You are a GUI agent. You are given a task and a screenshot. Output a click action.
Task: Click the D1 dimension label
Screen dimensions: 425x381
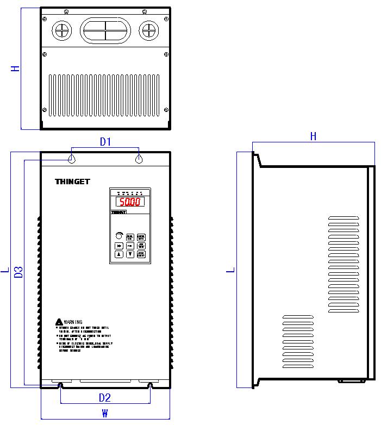105,142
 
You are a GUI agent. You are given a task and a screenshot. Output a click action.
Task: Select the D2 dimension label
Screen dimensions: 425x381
105,398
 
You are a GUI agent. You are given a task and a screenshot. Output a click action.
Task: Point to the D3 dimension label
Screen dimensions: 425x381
18,272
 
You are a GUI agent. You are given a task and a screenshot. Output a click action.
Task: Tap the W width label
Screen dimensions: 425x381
105,414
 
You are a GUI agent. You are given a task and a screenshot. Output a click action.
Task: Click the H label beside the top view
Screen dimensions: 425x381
16,68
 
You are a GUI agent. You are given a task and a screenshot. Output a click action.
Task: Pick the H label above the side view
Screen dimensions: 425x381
313,136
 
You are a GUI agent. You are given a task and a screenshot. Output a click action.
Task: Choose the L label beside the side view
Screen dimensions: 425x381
232,270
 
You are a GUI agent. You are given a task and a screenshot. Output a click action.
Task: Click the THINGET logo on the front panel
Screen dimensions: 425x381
72,182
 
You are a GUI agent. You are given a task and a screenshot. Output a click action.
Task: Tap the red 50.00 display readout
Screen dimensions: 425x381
129,202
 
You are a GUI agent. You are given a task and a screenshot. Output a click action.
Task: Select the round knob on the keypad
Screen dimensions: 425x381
118,236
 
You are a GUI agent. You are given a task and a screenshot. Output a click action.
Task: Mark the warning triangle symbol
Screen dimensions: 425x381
59,322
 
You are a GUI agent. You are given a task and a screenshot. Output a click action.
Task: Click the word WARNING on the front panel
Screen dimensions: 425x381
73,322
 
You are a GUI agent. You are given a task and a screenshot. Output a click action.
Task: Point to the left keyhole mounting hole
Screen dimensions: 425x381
71,159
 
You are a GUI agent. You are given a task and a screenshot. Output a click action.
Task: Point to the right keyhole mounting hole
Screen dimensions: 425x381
139,159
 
